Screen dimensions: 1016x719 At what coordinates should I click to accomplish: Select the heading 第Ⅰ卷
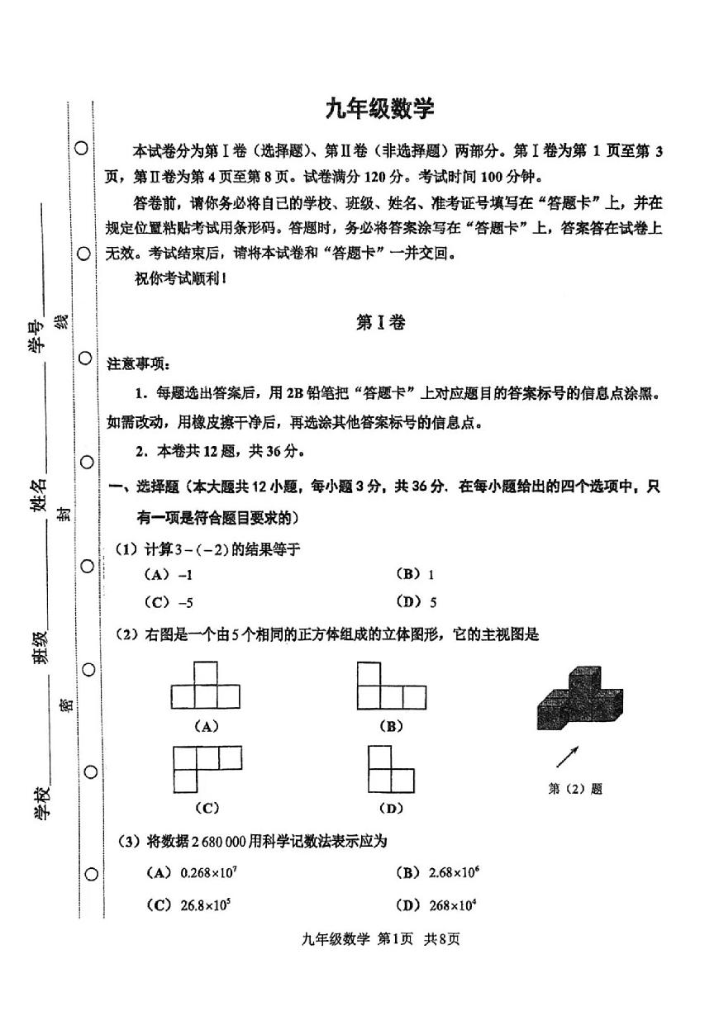[380, 323]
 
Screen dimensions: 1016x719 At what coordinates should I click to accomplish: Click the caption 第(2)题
[575, 789]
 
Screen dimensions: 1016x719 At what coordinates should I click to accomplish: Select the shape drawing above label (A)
[205, 684]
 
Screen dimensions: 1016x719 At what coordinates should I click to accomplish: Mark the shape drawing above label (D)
[390, 768]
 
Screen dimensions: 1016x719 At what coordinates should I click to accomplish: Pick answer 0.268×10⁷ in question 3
[197, 873]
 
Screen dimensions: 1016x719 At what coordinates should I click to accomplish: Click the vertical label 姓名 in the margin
[39, 496]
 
